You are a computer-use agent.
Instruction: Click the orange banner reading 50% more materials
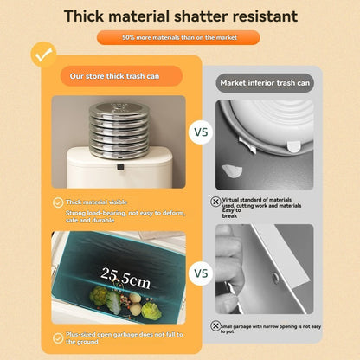pyautogui.click(x=179, y=38)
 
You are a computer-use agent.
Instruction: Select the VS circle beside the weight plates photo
pyautogui.click(x=201, y=134)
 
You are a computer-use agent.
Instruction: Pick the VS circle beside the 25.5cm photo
pyautogui.click(x=201, y=273)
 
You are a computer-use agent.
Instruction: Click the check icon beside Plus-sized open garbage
pyautogui.click(x=58, y=338)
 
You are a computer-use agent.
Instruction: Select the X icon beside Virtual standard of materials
pyautogui.click(x=215, y=201)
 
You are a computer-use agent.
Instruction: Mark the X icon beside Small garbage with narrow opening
pyautogui.click(x=215, y=326)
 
